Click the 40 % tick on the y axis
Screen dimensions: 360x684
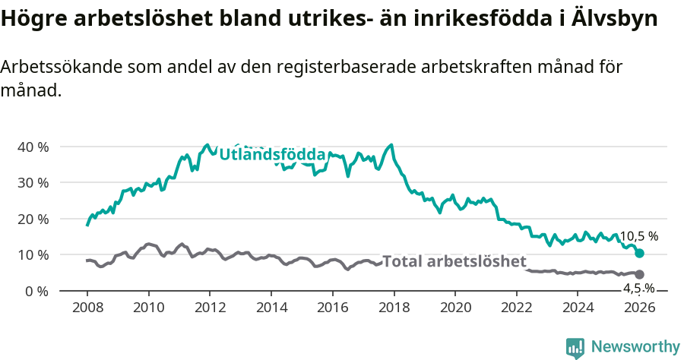33,147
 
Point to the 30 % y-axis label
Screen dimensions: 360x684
33,182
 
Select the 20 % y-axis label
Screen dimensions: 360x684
33,219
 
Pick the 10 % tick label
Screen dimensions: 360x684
33,254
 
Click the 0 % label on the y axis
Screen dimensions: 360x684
36,291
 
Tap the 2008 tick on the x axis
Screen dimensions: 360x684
87,308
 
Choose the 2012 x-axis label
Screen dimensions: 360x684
210,308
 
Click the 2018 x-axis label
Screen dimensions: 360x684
394,308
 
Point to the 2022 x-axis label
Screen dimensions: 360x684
517,308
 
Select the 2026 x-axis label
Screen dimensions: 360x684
639,308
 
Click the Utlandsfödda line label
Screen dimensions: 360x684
272,155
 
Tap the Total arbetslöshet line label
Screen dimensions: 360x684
454,262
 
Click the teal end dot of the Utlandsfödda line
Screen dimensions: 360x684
639,253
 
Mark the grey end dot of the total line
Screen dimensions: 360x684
639,274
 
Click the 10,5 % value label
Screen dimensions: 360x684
639,236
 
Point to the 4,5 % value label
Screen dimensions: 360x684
639,289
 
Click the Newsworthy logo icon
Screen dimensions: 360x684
575,347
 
